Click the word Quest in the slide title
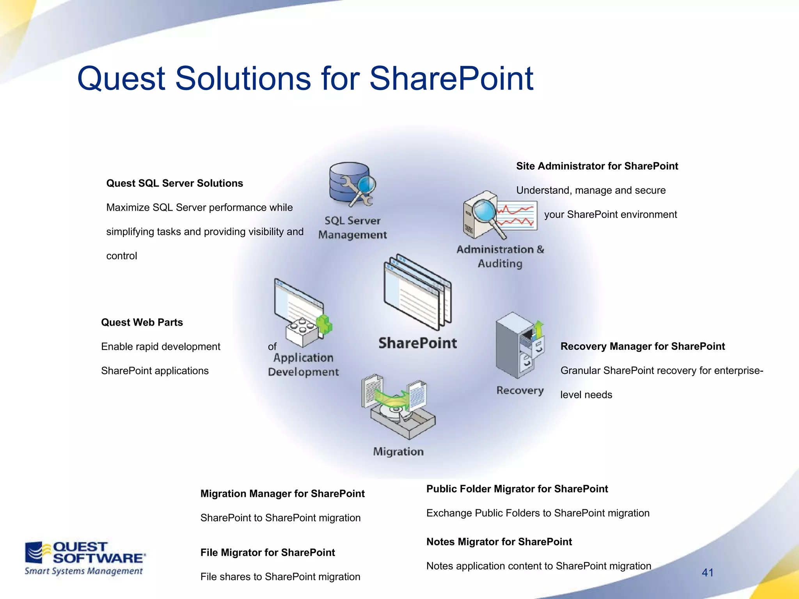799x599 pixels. [121, 79]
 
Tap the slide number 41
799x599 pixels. [707, 572]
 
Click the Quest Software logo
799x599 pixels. [84, 558]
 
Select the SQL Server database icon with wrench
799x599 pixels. [351, 184]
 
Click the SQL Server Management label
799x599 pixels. [352, 228]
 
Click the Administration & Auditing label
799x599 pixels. [500, 256]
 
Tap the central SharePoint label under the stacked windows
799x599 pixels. [417, 343]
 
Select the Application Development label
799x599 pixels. [304, 365]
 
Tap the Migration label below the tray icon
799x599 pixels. [398, 452]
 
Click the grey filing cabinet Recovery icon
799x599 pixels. [515, 345]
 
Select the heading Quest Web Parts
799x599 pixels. [142, 323]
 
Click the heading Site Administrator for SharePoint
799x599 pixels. [597, 166]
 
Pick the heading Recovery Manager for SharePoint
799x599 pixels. [643, 346]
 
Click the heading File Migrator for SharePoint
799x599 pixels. [268, 553]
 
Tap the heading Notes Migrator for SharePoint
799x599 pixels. [499, 542]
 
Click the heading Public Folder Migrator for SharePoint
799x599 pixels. [517, 489]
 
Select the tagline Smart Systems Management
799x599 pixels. [83, 571]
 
